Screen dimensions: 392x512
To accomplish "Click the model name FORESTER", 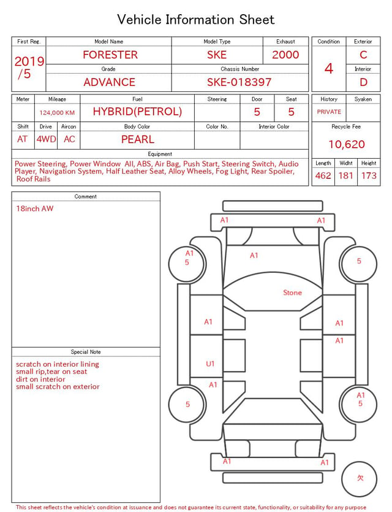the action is (x=110, y=55).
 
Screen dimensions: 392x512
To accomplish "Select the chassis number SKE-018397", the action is (x=239, y=82).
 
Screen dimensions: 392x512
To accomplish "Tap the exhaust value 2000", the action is (x=285, y=55).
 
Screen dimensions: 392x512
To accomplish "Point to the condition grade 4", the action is (x=329, y=69).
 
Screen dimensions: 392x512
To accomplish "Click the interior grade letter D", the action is (x=363, y=82).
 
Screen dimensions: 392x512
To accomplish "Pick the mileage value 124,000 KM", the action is (x=57, y=113).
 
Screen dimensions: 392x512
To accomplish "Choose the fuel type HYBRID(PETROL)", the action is (x=137, y=112).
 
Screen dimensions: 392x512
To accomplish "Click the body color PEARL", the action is (x=138, y=139).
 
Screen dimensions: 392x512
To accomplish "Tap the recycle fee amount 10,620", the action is (x=346, y=144).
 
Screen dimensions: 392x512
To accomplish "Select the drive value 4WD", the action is (x=46, y=139).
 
